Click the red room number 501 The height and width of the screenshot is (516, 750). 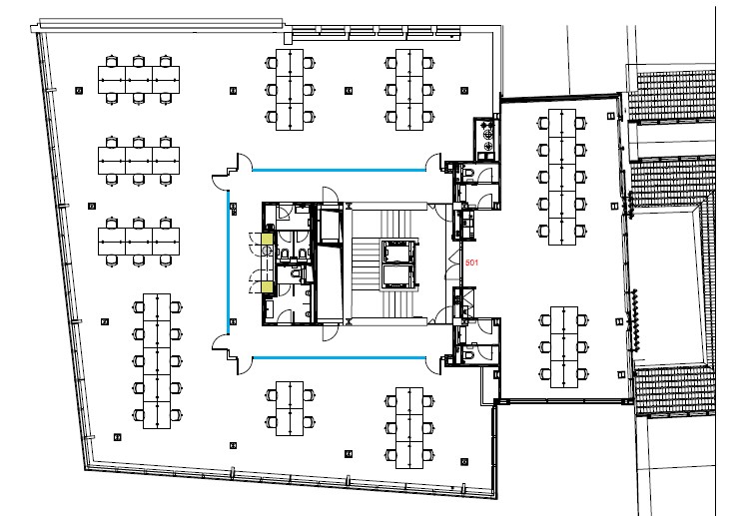click(x=471, y=262)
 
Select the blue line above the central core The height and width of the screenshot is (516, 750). click(x=339, y=170)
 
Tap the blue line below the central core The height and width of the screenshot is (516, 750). click(x=339, y=357)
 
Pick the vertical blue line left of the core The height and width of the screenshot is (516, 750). click(x=228, y=262)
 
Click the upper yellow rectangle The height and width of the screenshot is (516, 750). click(x=267, y=240)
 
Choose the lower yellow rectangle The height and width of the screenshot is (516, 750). click(x=267, y=287)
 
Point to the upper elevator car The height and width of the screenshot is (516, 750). click(x=397, y=252)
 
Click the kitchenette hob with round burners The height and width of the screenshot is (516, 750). click(x=488, y=134)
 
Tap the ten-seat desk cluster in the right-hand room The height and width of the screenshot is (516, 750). click(x=562, y=177)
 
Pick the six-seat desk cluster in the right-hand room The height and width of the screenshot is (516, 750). click(x=564, y=346)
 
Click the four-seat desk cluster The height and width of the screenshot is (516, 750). click(x=290, y=408)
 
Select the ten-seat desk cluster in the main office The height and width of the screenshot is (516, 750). click(x=157, y=361)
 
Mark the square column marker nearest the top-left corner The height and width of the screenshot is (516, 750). click(x=79, y=90)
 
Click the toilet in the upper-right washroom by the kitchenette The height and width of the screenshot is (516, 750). click(x=467, y=172)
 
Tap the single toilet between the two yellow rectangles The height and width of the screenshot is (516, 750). click(x=296, y=273)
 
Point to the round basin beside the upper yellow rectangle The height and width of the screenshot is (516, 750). click(x=267, y=250)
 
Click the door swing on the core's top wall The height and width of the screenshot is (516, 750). click(x=330, y=195)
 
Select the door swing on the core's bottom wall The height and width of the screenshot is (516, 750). click(x=330, y=333)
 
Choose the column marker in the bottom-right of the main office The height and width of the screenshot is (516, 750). click(x=464, y=461)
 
